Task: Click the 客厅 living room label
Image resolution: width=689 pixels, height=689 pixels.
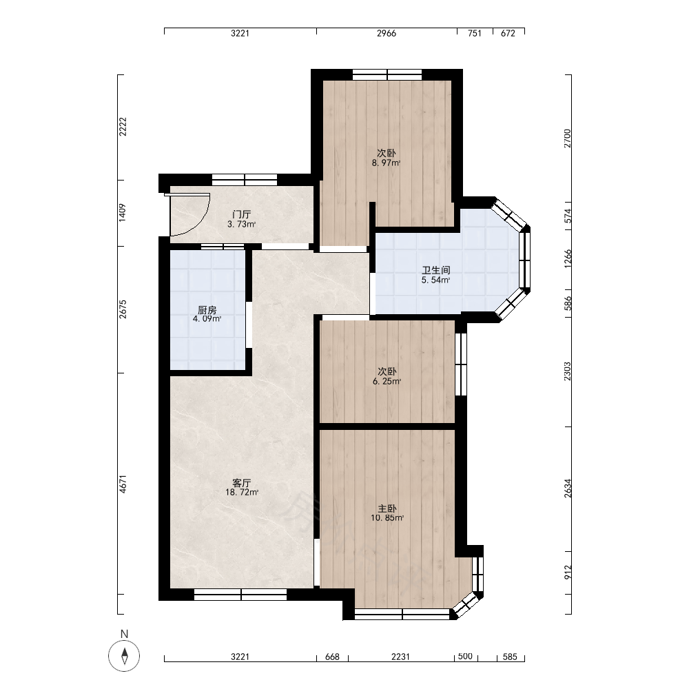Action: pos(241,483)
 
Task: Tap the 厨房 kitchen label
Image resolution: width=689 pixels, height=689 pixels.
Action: pos(207,310)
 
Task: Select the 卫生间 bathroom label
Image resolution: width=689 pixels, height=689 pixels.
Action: pos(435,271)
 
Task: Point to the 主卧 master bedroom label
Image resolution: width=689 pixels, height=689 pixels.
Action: pos(387,509)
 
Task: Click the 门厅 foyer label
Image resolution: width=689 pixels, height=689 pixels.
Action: pos(241,215)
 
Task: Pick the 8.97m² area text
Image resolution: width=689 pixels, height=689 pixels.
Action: pos(387,163)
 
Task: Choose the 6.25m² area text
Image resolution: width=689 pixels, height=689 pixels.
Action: pos(387,382)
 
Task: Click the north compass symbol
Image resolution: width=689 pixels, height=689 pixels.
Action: pos(124,656)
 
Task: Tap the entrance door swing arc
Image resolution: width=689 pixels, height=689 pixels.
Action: pos(203,218)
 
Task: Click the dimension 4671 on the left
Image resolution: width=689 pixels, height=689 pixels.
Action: pos(123,484)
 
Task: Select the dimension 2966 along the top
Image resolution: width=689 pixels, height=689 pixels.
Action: pos(387,33)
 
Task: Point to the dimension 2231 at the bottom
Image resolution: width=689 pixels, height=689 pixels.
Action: pos(400,657)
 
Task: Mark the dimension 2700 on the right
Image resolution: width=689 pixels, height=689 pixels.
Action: pos(568,138)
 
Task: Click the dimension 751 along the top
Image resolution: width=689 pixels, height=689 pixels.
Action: pos(475,33)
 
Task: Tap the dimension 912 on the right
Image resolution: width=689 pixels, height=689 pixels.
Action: pos(568,572)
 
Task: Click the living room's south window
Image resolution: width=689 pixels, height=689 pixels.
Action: pos(240,595)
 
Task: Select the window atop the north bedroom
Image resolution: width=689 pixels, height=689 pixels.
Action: pos(387,74)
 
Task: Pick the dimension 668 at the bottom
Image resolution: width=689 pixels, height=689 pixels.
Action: pos(332,657)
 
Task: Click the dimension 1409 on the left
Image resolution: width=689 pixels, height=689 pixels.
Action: pos(123,212)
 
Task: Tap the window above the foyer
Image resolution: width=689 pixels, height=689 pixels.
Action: pos(245,180)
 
